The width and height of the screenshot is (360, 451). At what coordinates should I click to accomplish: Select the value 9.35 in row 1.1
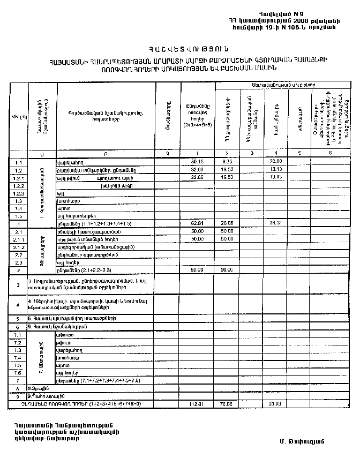pyautogui.click(x=226, y=161)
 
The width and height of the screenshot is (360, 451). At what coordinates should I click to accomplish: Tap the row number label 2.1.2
pyautogui.click(x=19, y=247)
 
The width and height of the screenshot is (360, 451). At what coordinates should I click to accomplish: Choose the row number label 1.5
pyautogui.click(x=19, y=215)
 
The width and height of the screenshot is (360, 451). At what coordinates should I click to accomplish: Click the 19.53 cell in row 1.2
pyautogui.click(x=226, y=169)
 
